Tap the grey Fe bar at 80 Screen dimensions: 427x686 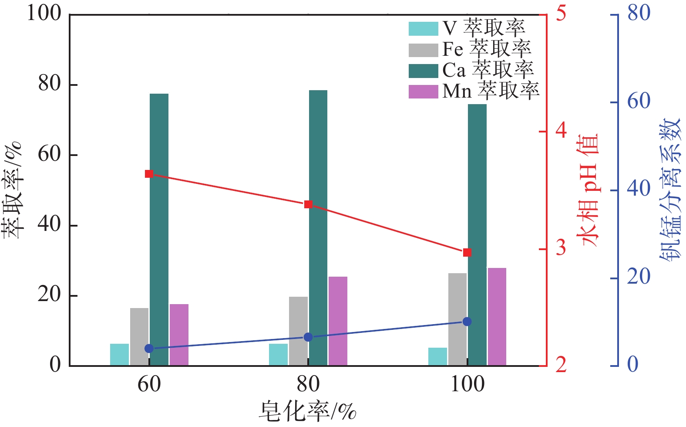[298, 331]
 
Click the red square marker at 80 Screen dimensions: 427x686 [308, 204]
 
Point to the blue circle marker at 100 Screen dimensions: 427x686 [467, 322]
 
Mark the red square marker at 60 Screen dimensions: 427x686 [149, 174]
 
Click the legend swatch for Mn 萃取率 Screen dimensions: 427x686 [423, 91]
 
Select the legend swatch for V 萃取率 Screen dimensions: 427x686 [423, 29]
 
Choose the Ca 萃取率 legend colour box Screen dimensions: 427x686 [423, 71]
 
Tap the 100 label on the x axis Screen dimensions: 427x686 [467, 384]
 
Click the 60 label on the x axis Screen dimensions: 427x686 [149, 384]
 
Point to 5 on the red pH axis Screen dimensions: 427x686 [562, 14]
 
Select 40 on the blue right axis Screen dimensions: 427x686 [639, 190]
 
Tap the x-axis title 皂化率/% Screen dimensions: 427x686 [308, 411]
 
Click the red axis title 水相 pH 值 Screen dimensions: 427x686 [588, 190]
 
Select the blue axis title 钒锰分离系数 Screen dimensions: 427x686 [670, 190]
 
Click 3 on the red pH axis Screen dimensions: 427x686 [562, 248]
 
